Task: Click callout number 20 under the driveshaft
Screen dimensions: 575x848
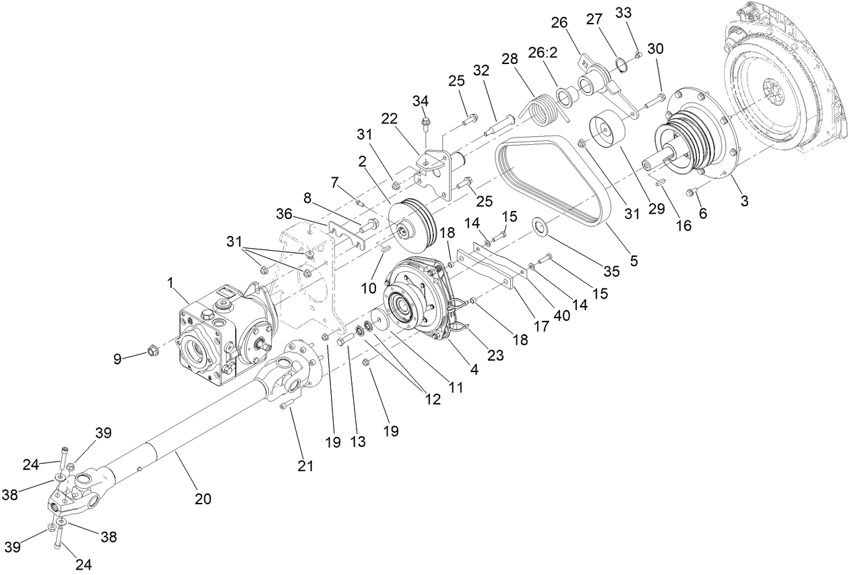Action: pos(203,499)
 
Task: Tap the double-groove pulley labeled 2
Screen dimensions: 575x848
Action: pos(412,220)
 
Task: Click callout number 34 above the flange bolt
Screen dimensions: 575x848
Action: pos(421,101)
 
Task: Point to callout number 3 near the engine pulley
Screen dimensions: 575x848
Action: pos(744,201)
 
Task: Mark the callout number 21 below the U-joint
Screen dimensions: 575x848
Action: pos(305,465)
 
